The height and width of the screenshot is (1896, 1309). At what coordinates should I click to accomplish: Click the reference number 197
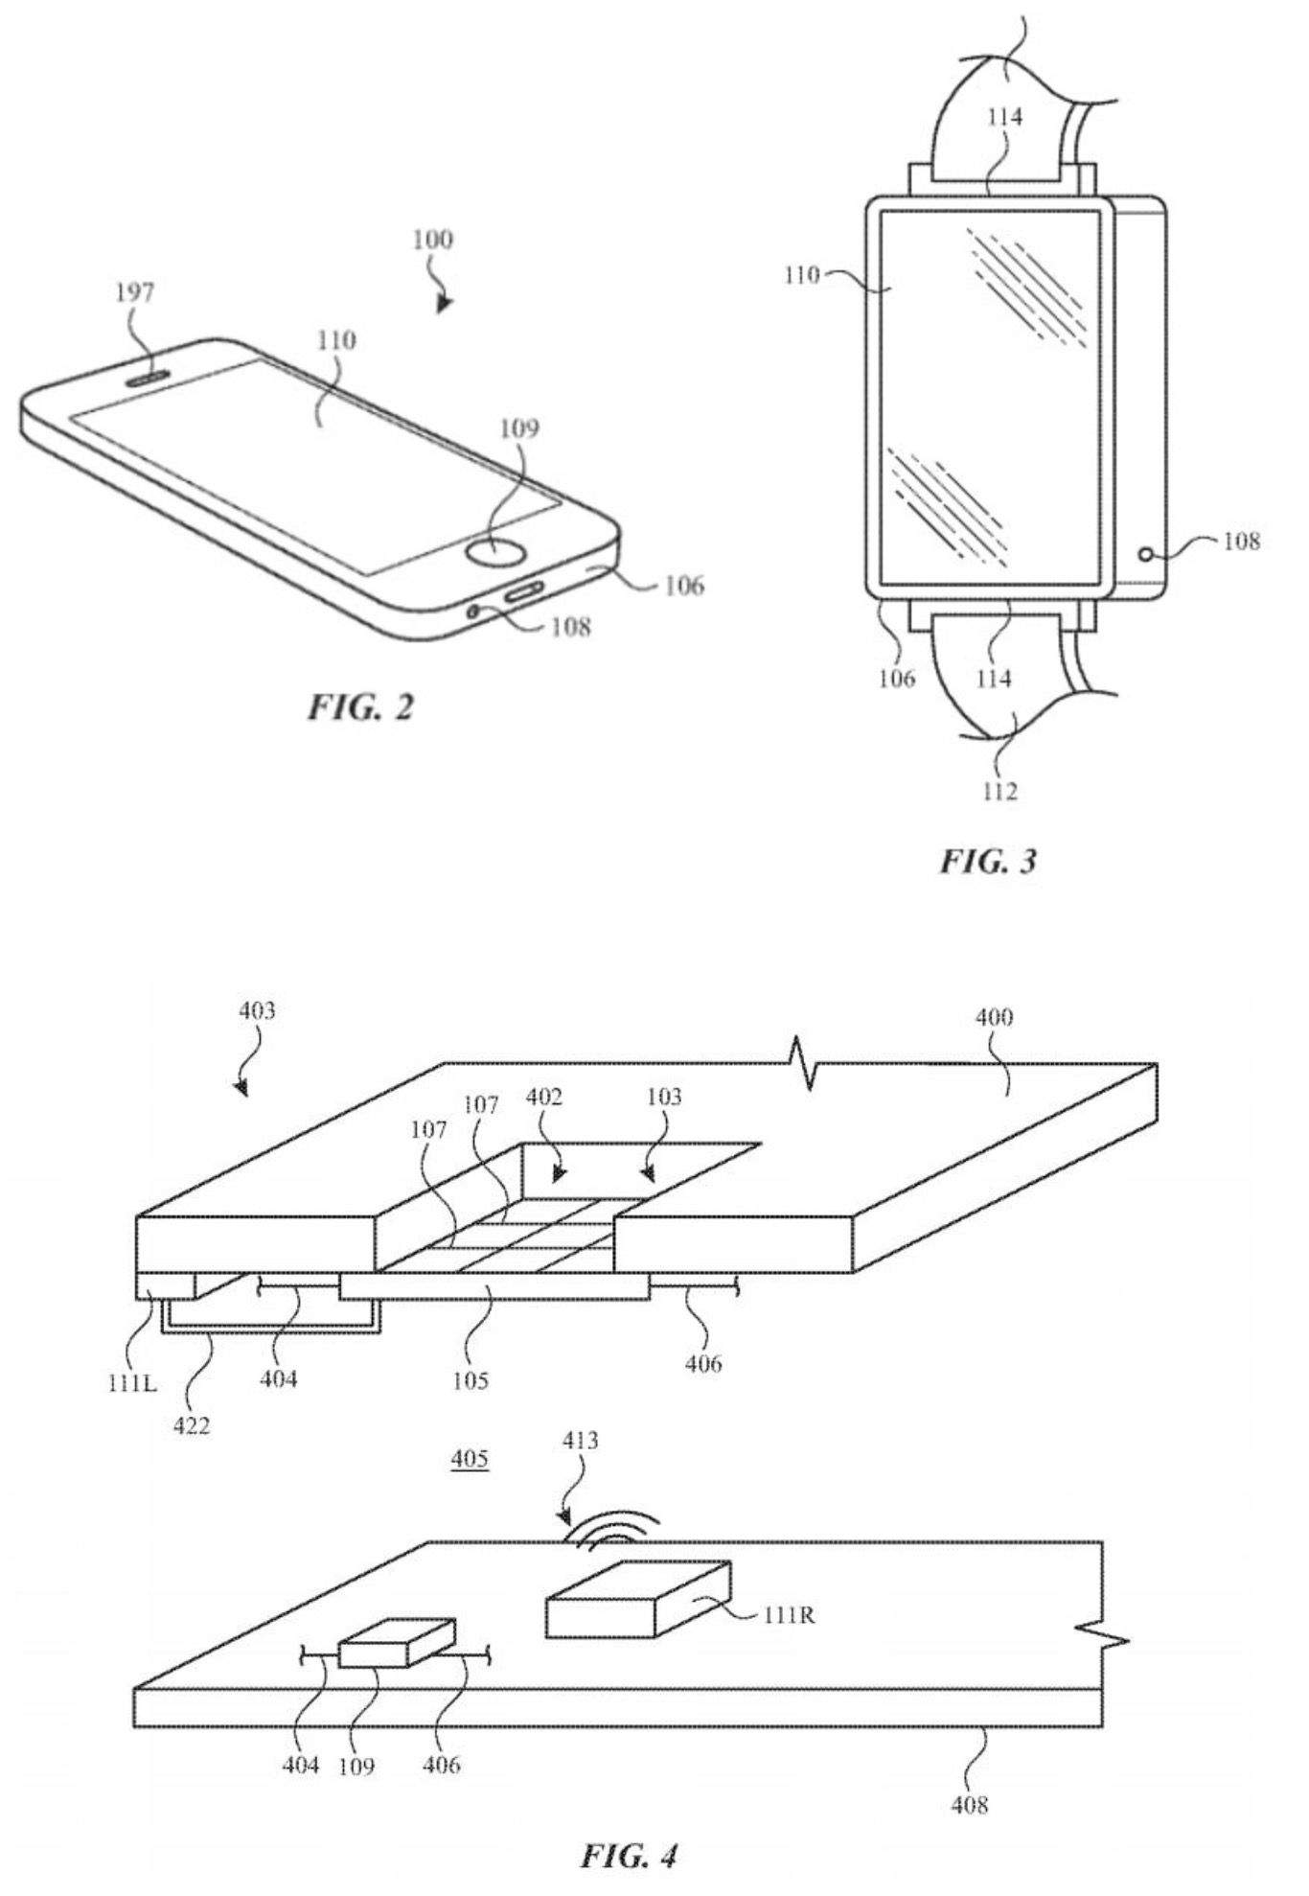[135, 292]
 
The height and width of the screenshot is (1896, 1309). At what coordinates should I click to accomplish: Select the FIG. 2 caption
[361, 707]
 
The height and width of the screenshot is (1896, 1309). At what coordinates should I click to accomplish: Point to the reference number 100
[432, 240]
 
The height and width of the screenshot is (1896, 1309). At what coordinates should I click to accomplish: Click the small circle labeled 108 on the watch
[1145, 554]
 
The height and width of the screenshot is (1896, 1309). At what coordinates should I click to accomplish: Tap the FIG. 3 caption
[988, 861]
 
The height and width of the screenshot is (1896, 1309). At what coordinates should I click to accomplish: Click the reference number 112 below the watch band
[999, 791]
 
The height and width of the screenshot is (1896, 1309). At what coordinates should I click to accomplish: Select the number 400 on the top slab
[994, 1017]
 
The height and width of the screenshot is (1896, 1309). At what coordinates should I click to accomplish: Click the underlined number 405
[470, 1459]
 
